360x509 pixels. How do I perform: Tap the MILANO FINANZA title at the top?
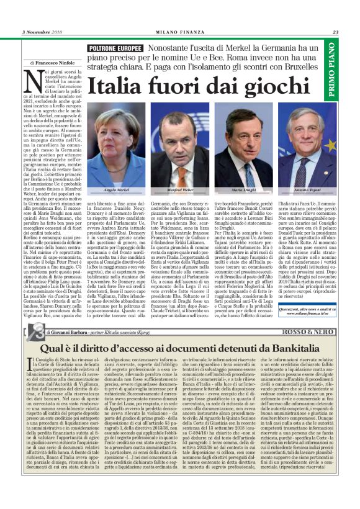click(x=179, y=33)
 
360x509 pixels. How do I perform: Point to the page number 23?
click(x=335, y=33)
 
